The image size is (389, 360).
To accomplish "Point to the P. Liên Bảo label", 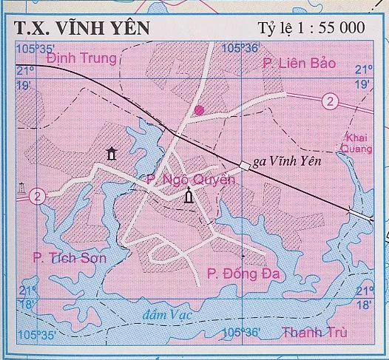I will click(x=299, y=64).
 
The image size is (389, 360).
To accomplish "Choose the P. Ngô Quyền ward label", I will click(x=190, y=179).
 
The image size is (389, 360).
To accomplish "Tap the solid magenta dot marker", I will click(x=198, y=111).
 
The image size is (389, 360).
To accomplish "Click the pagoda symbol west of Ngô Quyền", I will click(x=112, y=153).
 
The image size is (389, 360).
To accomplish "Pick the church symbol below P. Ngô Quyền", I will click(x=189, y=197).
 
